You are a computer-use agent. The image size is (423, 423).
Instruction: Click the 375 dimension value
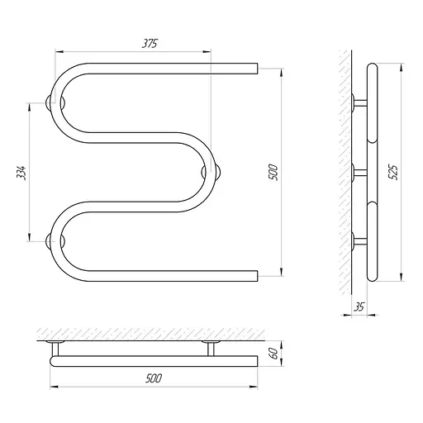coord(150,44)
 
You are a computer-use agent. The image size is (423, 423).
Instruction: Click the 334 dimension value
coord(21,173)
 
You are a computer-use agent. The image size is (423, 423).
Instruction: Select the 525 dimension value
coord(394,173)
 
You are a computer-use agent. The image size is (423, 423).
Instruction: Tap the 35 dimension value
coord(359,307)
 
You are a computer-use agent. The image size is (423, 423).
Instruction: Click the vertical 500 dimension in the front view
coord(273,172)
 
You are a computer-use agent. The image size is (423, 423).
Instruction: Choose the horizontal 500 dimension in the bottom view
coord(154,378)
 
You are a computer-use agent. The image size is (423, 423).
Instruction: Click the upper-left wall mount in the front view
coord(55,103)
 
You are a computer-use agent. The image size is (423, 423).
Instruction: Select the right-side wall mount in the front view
coord(211,173)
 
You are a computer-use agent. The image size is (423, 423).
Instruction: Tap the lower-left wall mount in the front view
coord(55,241)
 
